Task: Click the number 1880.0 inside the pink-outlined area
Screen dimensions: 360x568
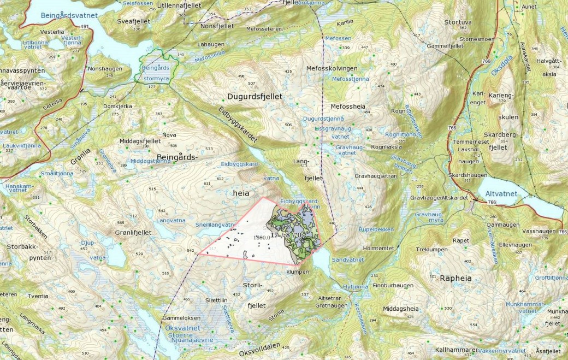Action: pyautogui.click(x=262, y=238)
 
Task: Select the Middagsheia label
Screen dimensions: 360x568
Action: pyautogui.click(x=400, y=309)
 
